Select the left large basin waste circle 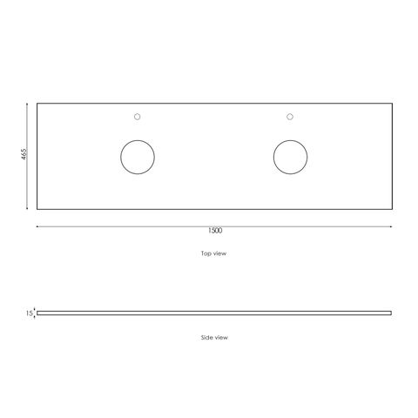(138, 140)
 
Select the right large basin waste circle (290, 140)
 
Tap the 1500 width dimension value (215, 231)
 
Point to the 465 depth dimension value (24, 154)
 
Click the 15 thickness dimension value (29, 313)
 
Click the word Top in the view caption (206, 253)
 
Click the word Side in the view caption (206, 337)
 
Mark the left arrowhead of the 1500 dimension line (37, 226)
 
